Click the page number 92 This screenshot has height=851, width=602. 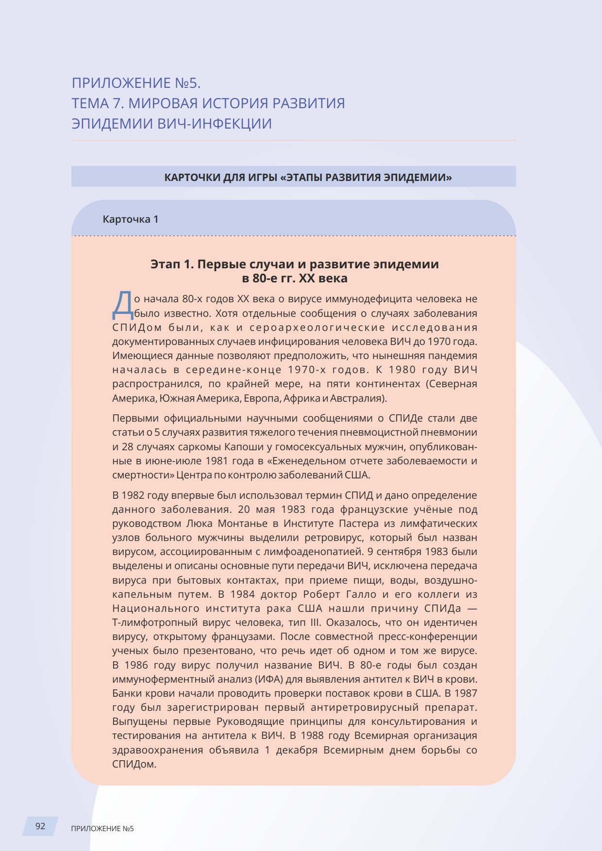point(40,826)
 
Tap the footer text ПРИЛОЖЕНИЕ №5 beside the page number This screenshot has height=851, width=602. point(102,829)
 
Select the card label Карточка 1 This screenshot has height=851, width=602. point(130,219)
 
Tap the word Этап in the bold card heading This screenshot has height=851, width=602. point(165,264)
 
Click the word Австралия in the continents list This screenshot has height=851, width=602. point(358,398)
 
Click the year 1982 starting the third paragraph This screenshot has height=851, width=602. point(133,495)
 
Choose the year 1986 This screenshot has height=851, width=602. point(136,665)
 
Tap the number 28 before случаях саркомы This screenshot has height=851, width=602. point(127,447)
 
